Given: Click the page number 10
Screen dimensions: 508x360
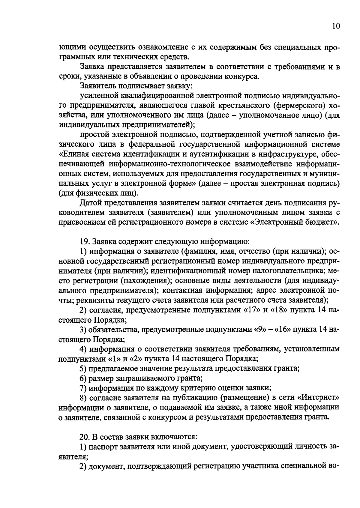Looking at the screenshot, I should click(336, 26).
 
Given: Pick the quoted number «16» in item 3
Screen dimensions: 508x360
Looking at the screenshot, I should click(282, 329).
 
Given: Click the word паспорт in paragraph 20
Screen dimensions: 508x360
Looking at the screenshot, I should click(103, 447).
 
